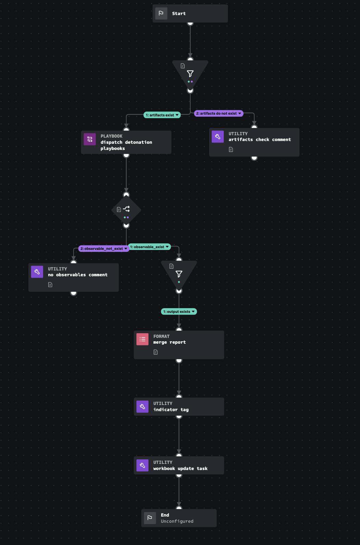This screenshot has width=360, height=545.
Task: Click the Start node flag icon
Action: (x=161, y=13)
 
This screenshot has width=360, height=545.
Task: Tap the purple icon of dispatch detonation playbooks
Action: (x=90, y=139)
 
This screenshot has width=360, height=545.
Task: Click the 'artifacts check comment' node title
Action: (x=259, y=140)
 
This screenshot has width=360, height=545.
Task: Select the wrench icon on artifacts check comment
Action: (x=218, y=137)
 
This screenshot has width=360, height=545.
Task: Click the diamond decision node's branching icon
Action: (x=126, y=209)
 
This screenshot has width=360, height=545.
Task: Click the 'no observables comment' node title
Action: (x=77, y=275)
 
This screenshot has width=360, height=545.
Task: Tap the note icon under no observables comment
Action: (x=50, y=284)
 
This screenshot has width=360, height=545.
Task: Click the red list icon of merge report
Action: (x=142, y=339)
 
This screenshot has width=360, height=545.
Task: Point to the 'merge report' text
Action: (x=169, y=342)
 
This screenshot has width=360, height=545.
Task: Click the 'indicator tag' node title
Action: (x=171, y=410)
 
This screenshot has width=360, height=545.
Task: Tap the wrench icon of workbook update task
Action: (x=142, y=465)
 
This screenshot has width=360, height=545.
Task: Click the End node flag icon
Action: (x=150, y=518)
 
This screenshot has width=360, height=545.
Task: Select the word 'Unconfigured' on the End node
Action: (x=177, y=521)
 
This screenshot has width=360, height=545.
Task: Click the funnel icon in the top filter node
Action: (x=190, y=74)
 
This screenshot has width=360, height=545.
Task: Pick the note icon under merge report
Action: (x=156, y=352)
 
